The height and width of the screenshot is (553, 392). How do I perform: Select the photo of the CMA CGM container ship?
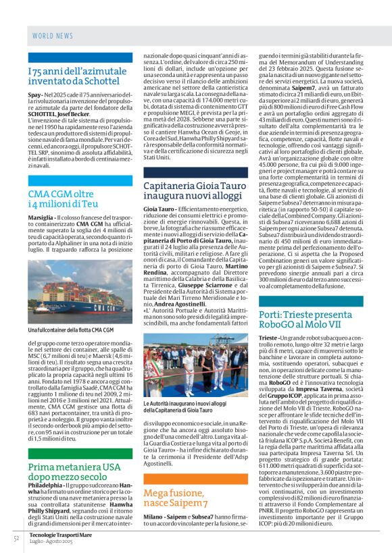point(80,292)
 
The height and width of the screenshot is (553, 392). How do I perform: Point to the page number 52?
point(16,538)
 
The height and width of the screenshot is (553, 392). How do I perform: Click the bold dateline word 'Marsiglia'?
point(41,218)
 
